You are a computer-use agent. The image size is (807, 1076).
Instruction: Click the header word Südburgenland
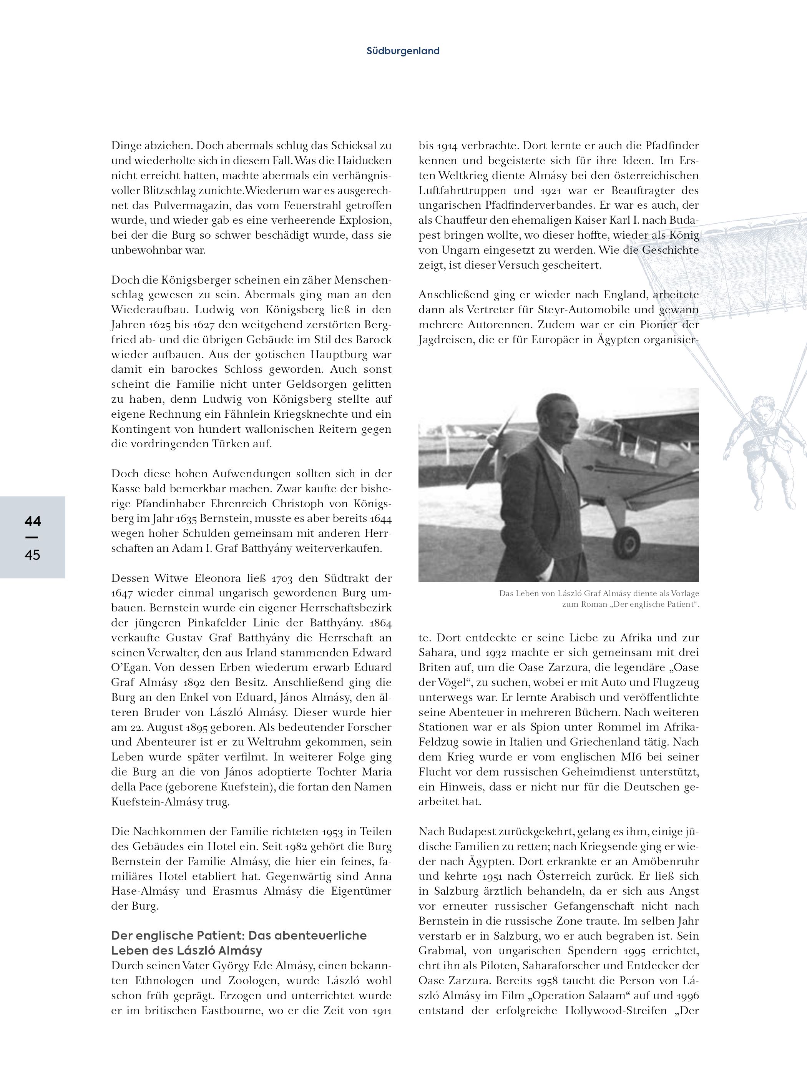click(x=403, y=51)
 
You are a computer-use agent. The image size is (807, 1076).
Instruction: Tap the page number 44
click(x=33, y=521)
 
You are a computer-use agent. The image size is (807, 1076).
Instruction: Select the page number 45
click(x=33, y=555)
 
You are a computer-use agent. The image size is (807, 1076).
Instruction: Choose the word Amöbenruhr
click(x=666, y=862)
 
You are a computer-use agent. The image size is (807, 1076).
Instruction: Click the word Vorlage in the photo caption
click(x=684, y=593)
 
